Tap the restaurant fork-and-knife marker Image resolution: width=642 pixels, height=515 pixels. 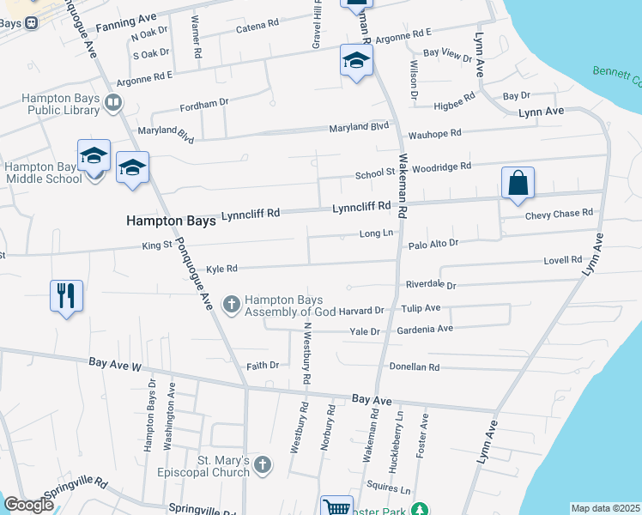(67, 296)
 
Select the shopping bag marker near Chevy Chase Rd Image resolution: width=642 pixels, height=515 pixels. (518, 184)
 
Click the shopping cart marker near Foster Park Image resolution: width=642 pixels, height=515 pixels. (336, 507)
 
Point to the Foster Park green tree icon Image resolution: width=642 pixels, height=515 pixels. (419, 509)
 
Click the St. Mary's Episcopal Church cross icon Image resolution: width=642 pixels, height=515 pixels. (263, 465)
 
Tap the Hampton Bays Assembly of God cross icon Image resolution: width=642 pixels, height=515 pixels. (231, 304)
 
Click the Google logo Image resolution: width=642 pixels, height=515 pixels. (28, 505)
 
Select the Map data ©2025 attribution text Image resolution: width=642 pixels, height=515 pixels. (605, 508)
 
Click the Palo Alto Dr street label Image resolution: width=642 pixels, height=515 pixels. (433, 244)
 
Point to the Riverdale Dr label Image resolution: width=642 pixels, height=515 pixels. (431, 285)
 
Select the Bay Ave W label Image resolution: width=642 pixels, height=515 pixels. (115, 365)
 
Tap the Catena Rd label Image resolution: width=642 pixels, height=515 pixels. (257, 29)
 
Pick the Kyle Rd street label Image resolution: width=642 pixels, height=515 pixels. (221, 269)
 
